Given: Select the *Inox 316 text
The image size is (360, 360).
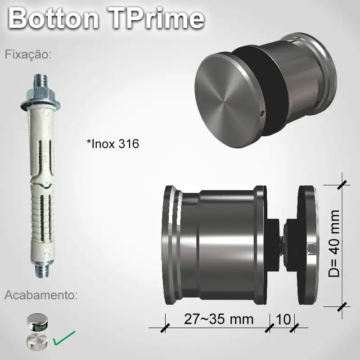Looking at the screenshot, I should pyautogui.click(x=112, y=144).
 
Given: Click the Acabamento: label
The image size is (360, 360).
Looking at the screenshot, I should pyautogui.click(x=41, y=296).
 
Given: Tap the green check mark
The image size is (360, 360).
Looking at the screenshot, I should pyautogui.click(x=64, y=338).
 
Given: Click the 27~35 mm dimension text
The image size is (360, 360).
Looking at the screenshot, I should pyautogui.click(x=219, y=319).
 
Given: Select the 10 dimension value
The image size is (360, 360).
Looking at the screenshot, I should pyautogui.click(x=282, y=319).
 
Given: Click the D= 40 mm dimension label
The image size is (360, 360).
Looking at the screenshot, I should pyautogui.click(x=335, y=243).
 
